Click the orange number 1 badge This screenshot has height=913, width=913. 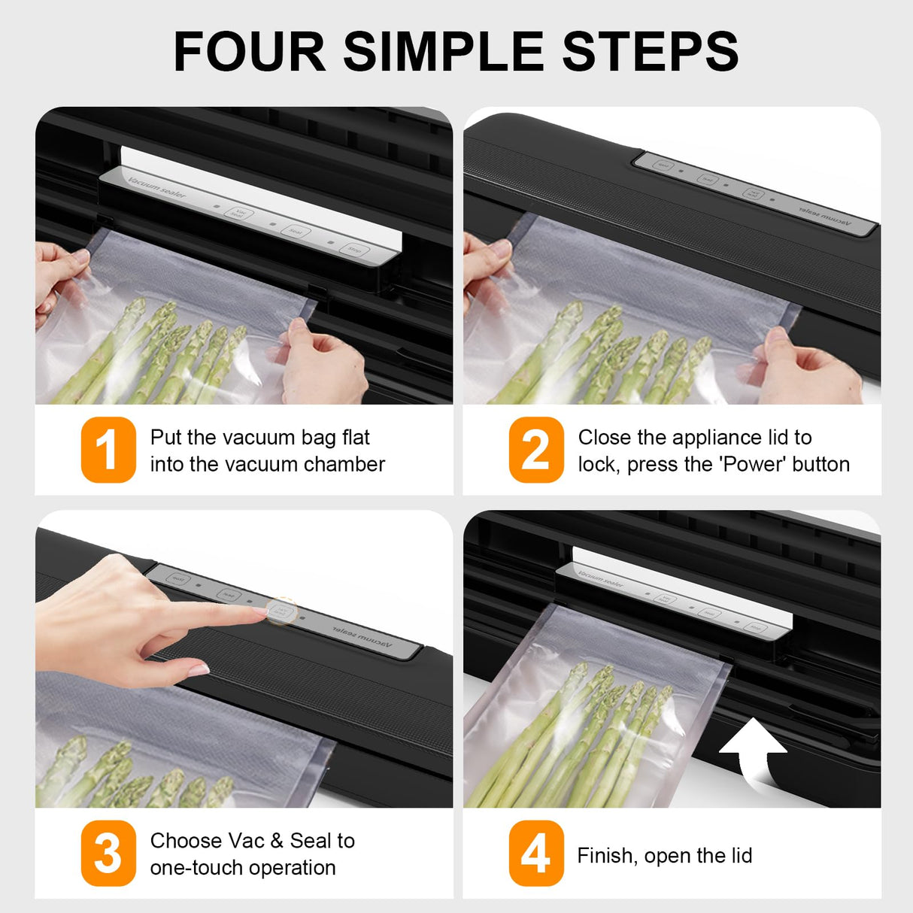click(108, 450)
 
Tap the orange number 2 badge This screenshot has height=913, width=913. click(535, 450)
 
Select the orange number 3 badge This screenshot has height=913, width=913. click(108, 853)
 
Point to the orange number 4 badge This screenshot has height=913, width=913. click(535, 853)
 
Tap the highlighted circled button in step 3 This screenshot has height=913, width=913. click(282, 611)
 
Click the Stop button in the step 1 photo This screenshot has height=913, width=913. click(353, 249)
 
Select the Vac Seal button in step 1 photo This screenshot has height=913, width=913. click(239, 214)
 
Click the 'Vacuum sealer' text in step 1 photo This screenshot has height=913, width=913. click(156, 188)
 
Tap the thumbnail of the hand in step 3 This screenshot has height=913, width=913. click(199, 669)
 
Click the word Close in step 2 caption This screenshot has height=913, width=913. click(605, 438)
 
